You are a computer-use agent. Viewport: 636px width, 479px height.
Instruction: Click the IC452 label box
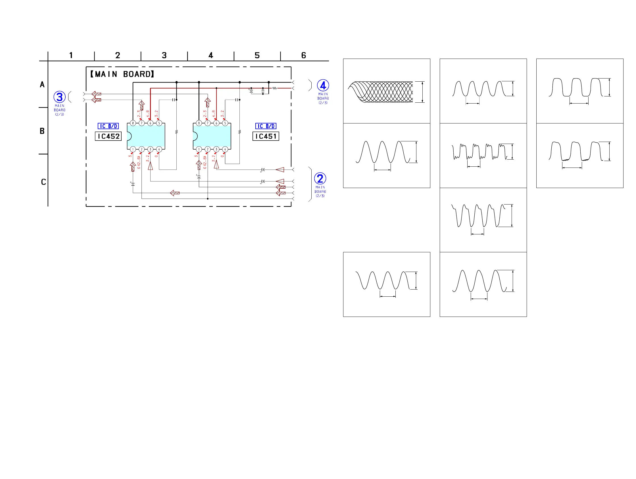pyautogui.click(x=108, y=136)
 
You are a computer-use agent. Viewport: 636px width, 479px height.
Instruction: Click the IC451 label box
pyautogui.click(x=266, y=136)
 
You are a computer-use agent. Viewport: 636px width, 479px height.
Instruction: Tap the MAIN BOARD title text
pyautogui.click(x=122, y=74)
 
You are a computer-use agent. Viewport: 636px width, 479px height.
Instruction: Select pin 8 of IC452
pyautogui.click(x=133, y=123)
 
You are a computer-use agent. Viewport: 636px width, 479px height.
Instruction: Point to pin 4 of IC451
pyautogui.click(x=225, y=149)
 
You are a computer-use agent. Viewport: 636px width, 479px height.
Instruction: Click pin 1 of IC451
pyautogui.click(x=199, y=149)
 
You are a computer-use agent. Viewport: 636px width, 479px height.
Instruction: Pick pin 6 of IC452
pyautogui.click(x=150, y=123)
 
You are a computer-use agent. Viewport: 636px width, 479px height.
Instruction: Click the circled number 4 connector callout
pyautogui.click(x=323, y=86)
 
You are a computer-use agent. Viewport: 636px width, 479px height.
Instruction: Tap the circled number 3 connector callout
pyautogui.click(x=60, y=97)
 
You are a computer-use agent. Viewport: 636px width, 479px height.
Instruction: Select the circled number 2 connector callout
pyautogui.click(x=320, y=179)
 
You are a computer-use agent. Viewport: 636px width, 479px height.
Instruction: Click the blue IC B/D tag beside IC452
pyautogui.click(x=108, y=126)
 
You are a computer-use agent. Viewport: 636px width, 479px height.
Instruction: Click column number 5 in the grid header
pyautogui.click(x=257, y=55)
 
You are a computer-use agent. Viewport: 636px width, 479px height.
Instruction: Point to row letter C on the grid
pyautogui.click(x=43, y=182)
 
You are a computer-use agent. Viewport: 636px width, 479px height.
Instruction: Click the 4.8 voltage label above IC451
pyautogui.click(x=214, y=113)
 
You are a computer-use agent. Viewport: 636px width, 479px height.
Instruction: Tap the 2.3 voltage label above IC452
pyautogui.click(x=139, y=113)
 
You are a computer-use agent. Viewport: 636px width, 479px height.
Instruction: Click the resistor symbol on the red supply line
pyautogui.click(x=275, y=88)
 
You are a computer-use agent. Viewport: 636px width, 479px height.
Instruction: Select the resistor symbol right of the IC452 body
pyautogui.click(x=176, y=132)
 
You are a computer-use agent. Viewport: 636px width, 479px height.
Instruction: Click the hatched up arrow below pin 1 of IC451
pyautogui.click(x=199, y=165)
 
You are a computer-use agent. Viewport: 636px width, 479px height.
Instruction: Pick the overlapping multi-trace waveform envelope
pyautogui.click(x=381, y=92)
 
